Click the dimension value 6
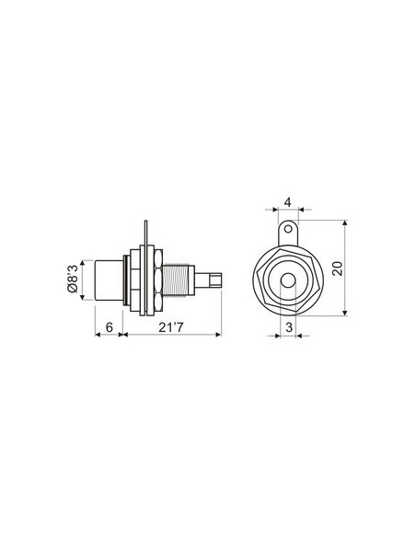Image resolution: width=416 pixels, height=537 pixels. click(109, 327)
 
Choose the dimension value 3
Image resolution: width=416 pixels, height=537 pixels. click(288, 327)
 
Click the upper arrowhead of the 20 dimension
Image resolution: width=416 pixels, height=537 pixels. click(342, 223)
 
